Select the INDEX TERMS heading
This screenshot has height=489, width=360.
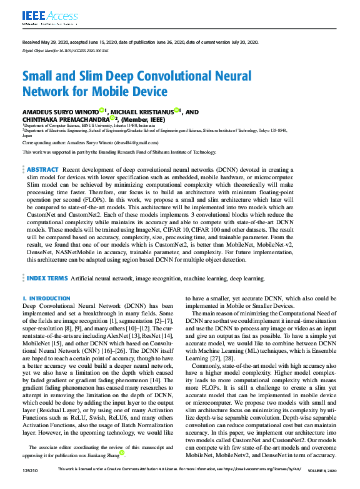tap(47, 278)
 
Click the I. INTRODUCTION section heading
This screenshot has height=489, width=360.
tap(46, 299)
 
